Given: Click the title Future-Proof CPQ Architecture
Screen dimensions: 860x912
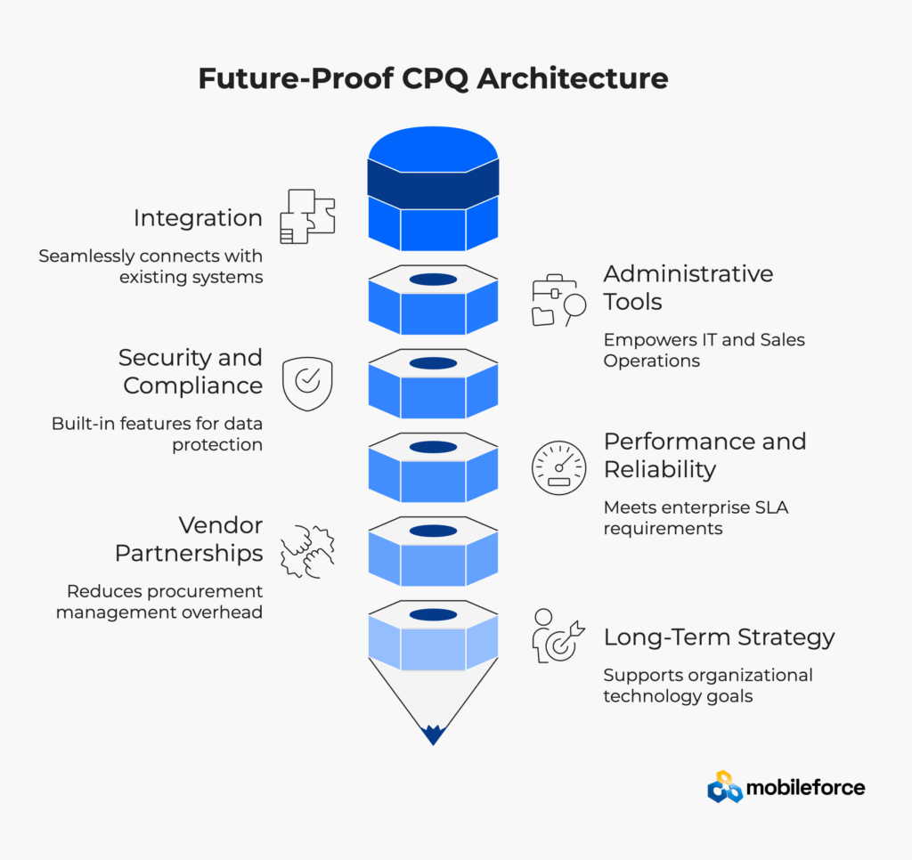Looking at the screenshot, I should pos(433,78).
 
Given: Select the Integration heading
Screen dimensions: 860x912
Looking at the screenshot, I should pos(198,218).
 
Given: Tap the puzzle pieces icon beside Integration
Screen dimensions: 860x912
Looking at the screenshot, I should pos(307,215).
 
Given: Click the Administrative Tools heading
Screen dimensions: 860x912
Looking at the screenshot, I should pos(688,287).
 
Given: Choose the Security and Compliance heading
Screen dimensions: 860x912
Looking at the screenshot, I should pos(191,371).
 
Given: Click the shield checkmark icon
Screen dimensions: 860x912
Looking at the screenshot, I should pos(307,382).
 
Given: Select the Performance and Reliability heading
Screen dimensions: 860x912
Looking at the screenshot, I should pos(704,455).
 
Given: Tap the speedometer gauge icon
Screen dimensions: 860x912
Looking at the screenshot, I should pos(559,467).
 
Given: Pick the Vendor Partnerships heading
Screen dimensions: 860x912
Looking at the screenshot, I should pos(189,539).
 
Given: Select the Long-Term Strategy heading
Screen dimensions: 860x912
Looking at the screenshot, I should pos(719,637).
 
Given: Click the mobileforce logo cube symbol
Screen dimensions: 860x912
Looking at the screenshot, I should pos(724,786).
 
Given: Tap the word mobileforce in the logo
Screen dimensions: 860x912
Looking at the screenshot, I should pos(805,787).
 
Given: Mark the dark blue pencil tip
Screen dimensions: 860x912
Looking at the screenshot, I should pos(433,734).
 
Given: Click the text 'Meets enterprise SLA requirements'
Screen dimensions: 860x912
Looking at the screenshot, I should pos(696,517).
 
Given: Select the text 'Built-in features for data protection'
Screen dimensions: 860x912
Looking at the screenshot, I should pos(157,434).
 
